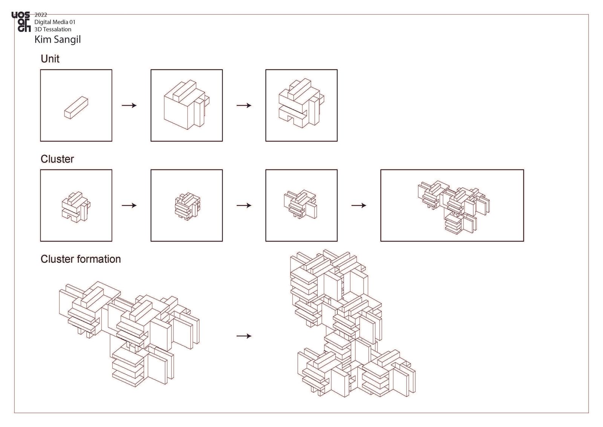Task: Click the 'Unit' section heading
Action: point(50,59)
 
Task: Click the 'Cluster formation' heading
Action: point(81,259)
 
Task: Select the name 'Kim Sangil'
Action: point(58,40)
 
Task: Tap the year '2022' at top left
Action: point(41,15)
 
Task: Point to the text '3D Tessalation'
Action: point(53,29)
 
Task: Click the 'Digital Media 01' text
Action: point(55,22)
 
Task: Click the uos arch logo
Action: point(21,22)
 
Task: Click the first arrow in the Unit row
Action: point(129,105)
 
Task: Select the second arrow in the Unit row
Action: point(244,105)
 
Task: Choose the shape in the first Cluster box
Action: point(76,207)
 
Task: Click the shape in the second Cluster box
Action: point(187,207)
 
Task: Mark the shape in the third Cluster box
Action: point(300,205)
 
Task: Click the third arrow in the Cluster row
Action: point(358,205)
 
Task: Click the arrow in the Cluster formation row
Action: point(244,336)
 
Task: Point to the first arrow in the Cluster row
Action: point(129,205)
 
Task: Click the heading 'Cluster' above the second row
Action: point(57,159)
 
